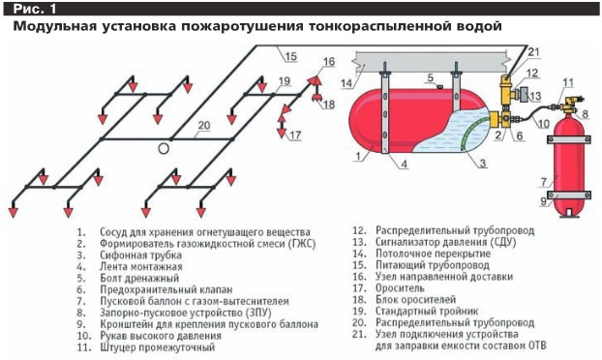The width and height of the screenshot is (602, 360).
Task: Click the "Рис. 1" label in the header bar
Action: [x=30, y=9]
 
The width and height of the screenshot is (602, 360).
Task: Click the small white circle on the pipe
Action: [x=166, y=149]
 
